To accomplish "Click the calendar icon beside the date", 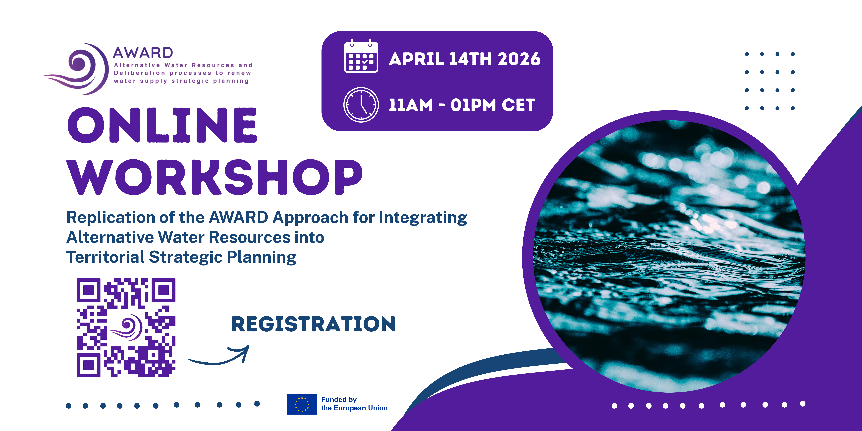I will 361,56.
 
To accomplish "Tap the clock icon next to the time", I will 361,105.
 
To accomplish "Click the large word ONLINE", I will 162,125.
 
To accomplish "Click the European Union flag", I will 302,404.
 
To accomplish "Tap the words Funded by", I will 339,400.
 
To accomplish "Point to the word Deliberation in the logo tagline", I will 140,73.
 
